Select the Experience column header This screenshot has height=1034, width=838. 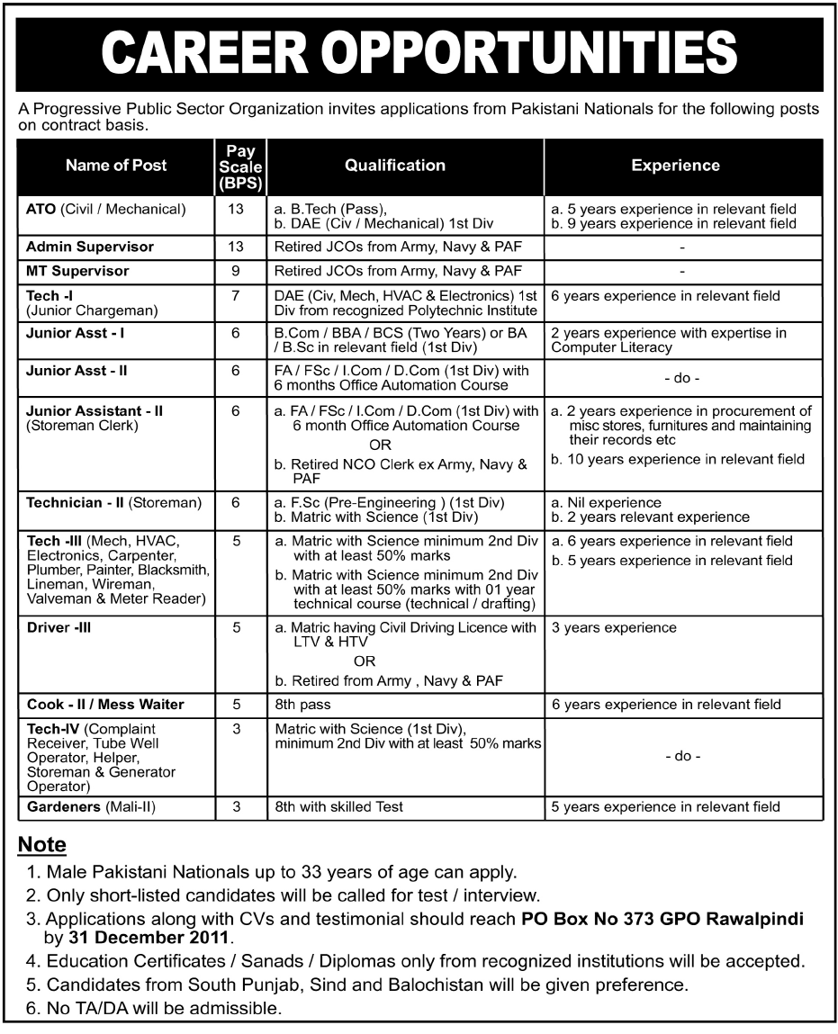click(x=675, y=166)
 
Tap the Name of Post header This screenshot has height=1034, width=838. click(x=116, y=166)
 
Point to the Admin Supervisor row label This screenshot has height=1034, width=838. click(x=90, y=247)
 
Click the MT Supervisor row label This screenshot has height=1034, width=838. click(x=78, y=271)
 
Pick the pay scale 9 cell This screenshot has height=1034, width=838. click(x=237, y=271)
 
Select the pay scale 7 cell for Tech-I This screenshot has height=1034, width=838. click(x=237, y=295)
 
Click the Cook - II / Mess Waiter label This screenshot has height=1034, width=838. click(x=105, y=705)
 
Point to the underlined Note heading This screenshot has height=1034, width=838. click(x=42, y=845)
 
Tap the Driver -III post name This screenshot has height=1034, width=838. click(x=59, y=628)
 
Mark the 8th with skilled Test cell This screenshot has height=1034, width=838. click(x=339, y=807)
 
